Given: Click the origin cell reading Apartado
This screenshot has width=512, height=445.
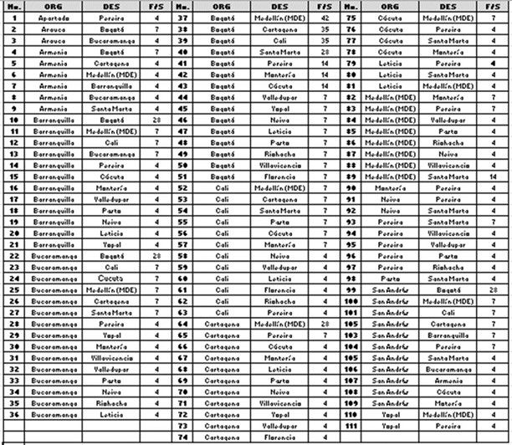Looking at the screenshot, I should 53,17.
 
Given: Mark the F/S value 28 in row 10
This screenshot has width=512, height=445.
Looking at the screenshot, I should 156,120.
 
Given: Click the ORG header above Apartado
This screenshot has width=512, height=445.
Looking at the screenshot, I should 53,5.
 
